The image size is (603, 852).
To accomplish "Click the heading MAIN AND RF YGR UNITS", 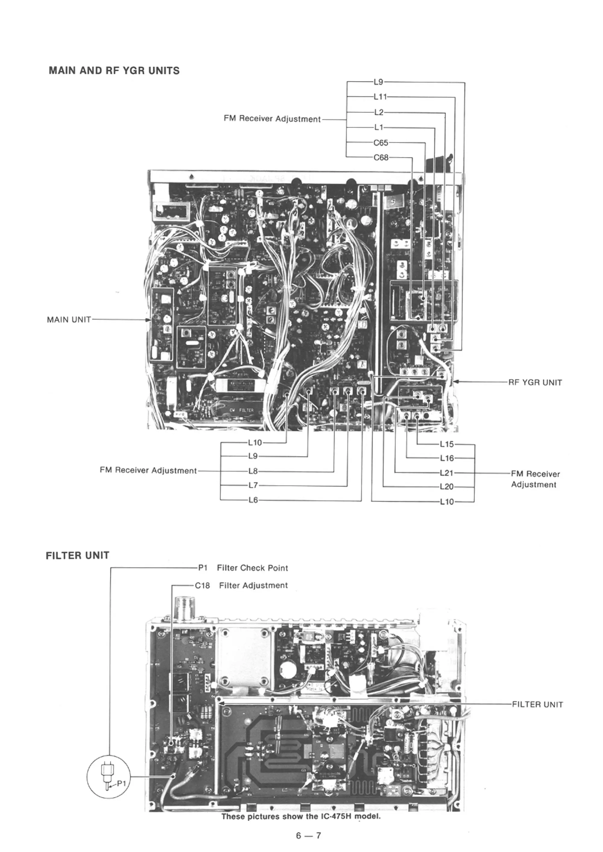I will click(114, 71).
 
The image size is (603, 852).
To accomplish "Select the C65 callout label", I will click(380, 143).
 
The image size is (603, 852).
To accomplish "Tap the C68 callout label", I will click(380, 157).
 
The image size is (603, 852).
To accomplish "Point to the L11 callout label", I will click(380, 97).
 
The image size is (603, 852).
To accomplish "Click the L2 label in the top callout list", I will click(379, 112).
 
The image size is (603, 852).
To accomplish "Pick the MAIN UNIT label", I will click(69, 320).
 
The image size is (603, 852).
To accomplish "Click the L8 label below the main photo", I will click(253, 471).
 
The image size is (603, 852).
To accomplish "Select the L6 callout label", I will click(253, 500).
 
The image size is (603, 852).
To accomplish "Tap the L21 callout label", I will click(447, 473).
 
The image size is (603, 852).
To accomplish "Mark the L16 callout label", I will click(447, 459).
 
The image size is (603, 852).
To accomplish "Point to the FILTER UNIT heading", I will click(77, 555).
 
